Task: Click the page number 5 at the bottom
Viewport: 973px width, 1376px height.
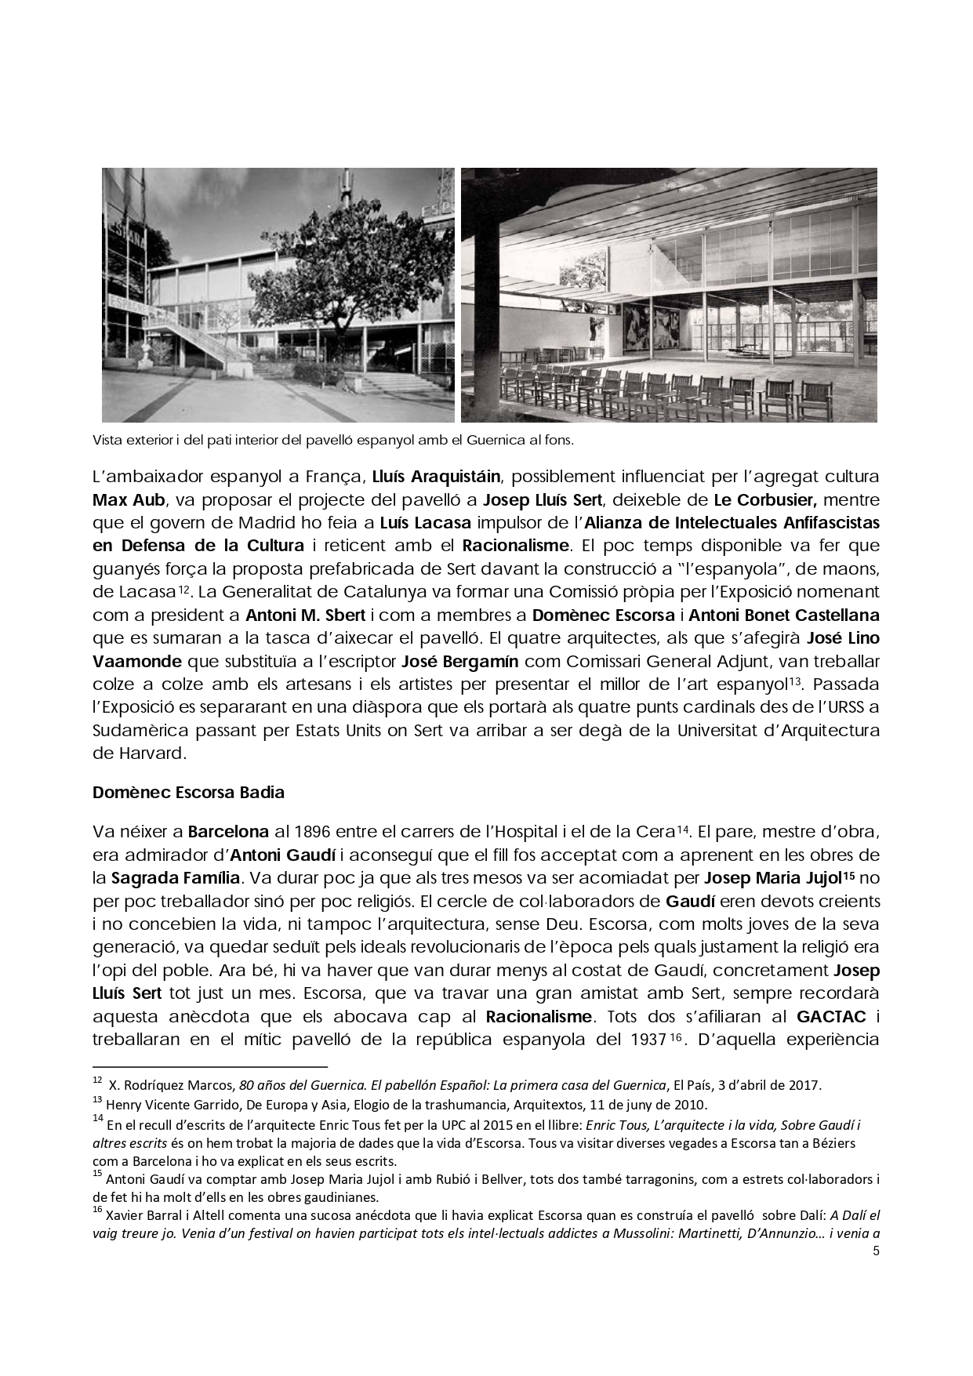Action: (x=876, y=1251)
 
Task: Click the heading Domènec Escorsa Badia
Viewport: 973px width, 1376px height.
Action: (x=188, y=792)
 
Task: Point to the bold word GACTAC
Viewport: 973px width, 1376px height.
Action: (x=831, y=1017)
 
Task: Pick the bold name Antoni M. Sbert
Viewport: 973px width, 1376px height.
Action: (x=305, y=615)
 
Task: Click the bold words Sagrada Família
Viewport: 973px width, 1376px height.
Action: (x=176, y=877)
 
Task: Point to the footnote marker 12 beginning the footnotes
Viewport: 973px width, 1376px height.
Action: (x=97, y=1081)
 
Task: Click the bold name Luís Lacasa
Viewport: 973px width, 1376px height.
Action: (x=425, y=522)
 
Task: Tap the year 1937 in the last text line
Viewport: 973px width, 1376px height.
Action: (x=648, y=1040)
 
